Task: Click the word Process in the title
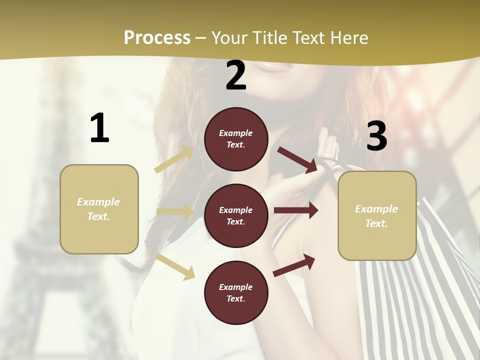point(157,38)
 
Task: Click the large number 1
point(99,128)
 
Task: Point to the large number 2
point(236,75)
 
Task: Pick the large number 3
point(376,136)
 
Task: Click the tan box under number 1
point(99,209)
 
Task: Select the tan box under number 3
point(377,216)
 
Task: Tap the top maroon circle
point(236,139)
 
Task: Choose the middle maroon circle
point(236,215)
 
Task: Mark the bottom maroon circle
point(236,292)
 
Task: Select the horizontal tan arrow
point(175,211)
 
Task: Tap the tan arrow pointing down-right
point(175,266)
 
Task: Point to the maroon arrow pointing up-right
point(294,265)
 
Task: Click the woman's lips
point(274,64)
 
